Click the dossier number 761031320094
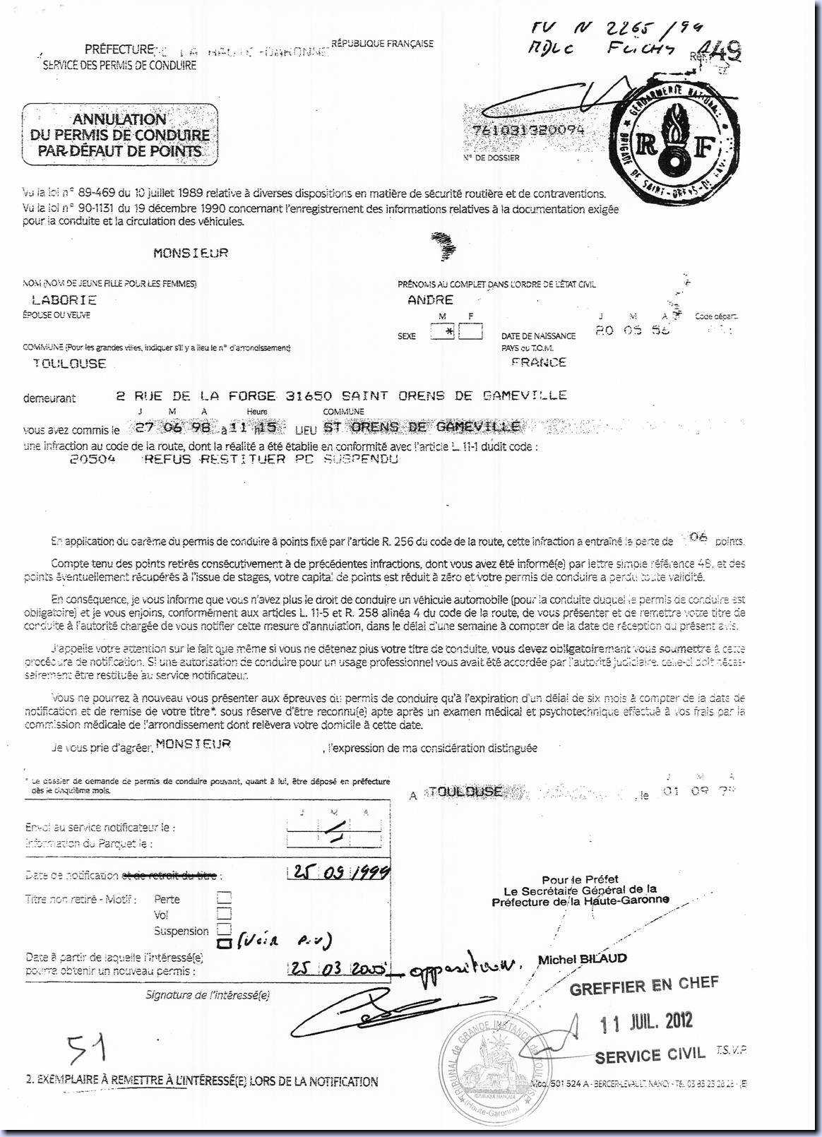[x=525, y=130]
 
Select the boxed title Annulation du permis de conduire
[x=120, y=134]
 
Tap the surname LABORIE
[x=64, y=300]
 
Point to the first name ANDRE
[x=430, y=300]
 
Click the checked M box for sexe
[x=443, y=331]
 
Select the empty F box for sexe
[x=470, y=331]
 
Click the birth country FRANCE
[x=539, y=362]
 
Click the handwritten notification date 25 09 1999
[x=340, y=873]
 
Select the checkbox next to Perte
[x=224, y=898]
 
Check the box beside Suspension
[x=224, y=929]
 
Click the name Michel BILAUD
[x=582, y=959]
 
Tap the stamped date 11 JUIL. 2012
[x=645, y=1021]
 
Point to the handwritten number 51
[x=86, y=1049]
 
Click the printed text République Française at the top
[x=382, y=44]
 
